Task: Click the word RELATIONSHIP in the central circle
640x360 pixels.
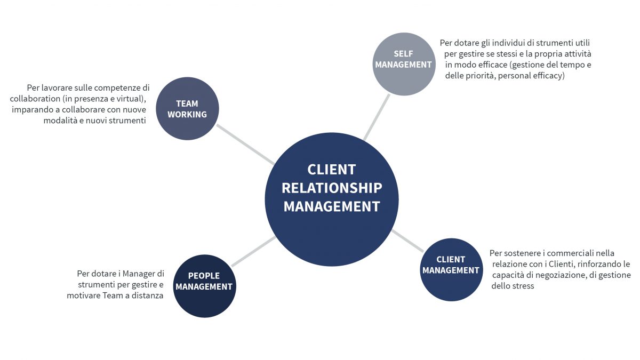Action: coord(332,188)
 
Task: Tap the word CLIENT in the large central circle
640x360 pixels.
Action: coord(331,170)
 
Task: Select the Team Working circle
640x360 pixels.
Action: coord(187,109)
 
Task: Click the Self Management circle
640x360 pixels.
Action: coord(404,64)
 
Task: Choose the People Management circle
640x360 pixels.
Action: coord(205,286)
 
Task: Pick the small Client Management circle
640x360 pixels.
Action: coord(451,270)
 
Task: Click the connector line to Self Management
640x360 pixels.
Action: coord(377,117)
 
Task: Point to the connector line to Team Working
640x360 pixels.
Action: coord(246,145)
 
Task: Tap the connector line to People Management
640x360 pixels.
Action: coord(253,251)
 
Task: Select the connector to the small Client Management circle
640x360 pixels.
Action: coord(407,241)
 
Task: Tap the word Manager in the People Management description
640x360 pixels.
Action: coord(138,274)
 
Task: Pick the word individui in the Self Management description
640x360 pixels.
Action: coord(508,43)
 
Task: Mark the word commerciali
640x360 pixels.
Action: coord(568,253)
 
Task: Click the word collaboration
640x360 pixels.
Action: coord(35,99)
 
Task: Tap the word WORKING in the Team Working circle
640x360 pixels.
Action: coord(187,114)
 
